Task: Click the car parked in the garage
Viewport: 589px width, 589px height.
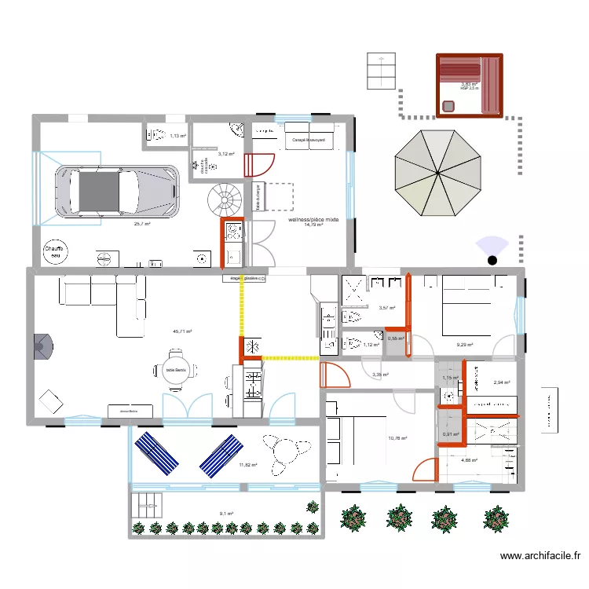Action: pos(115,189)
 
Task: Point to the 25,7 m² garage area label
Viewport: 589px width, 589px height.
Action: pos(141,224)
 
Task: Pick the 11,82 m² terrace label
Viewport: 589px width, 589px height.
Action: pos(249,465)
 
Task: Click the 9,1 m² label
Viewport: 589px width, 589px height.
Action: pos(226,514)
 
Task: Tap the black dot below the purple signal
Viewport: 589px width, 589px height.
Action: pos(492,260)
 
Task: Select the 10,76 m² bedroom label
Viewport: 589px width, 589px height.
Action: pos(397,438)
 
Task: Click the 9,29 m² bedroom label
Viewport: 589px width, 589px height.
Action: pos(467,344)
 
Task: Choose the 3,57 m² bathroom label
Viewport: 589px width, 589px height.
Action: pos(386,309)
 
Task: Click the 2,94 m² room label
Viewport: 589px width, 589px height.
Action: pos(501,382)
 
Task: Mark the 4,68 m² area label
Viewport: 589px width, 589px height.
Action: pos(470,460)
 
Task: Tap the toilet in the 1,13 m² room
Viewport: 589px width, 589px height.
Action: pos(155,135)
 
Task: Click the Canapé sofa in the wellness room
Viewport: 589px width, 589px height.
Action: pos(309,135)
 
